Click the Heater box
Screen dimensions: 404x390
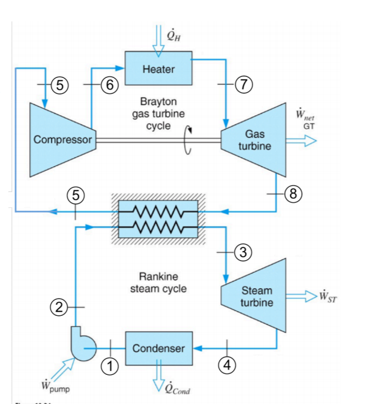[x=158, y=69]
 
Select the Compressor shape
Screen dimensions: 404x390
[x=62, y=139]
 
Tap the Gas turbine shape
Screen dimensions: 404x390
[x=254, y=139]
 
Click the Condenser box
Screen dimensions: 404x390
[x=158, y=348]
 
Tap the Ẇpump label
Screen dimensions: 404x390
[x=55, y=387]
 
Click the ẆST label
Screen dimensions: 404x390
[x=328, y=296]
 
